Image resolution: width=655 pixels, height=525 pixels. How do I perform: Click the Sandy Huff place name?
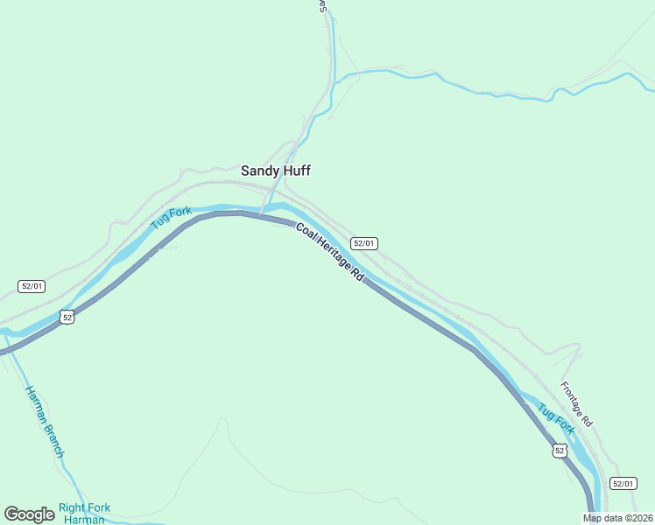pos(276,171)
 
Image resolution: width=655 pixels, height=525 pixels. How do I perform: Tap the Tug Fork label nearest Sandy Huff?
pos(171,218)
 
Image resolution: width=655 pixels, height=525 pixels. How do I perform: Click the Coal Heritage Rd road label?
pos(330,251)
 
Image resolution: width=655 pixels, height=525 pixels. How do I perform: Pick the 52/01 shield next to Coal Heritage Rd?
pos(364,243)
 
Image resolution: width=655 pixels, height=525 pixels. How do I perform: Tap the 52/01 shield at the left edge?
pos(32,286)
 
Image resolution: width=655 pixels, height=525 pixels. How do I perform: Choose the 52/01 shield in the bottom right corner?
pos(623,483)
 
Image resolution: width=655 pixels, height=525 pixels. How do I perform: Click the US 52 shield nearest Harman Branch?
pos(67,317)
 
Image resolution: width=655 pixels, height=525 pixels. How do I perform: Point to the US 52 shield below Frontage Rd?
pos(560,451)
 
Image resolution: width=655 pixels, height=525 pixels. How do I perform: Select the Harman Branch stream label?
pos(45,422)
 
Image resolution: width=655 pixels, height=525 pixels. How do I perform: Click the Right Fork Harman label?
pos(84,514)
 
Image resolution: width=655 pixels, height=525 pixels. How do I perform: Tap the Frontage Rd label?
pos(577,403)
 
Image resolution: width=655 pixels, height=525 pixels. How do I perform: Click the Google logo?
pos(29,514)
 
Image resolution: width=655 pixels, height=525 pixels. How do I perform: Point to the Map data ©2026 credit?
pos(617,518)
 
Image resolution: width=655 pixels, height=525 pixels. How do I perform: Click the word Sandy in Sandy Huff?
pos(259,171)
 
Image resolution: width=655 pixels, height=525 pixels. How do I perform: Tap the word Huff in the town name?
pos(296,171)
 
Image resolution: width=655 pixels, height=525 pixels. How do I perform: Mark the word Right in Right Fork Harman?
pos(72,507)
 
